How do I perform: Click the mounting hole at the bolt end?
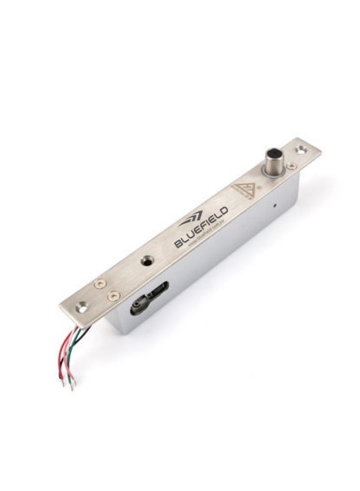click(x=300, y=148)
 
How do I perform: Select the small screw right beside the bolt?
click(x=292, y=165)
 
